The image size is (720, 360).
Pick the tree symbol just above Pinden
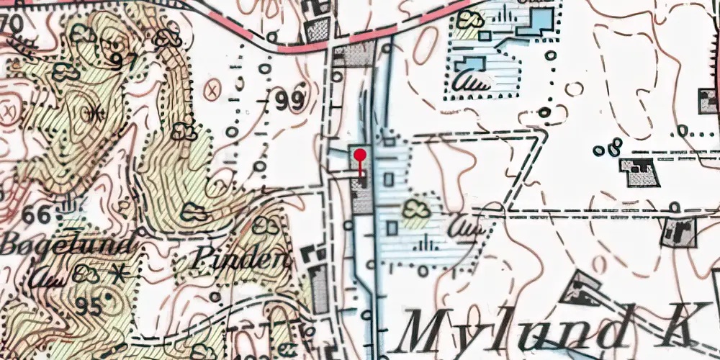[269, 225]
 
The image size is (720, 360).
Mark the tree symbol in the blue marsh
[414, 210]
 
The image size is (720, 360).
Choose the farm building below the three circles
[639, 173]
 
